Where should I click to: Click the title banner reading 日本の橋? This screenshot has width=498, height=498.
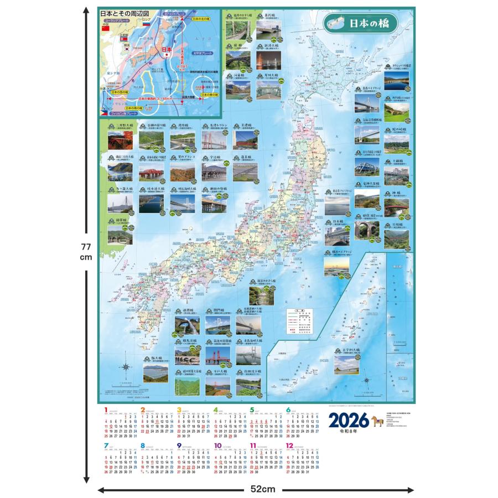[368, 24]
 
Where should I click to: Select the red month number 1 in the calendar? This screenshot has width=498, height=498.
[106, 410]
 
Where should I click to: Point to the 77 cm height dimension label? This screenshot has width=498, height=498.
[85, 252]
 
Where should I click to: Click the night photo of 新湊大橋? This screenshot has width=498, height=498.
[267, 60]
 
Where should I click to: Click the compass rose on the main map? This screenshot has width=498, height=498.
[126, 367]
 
